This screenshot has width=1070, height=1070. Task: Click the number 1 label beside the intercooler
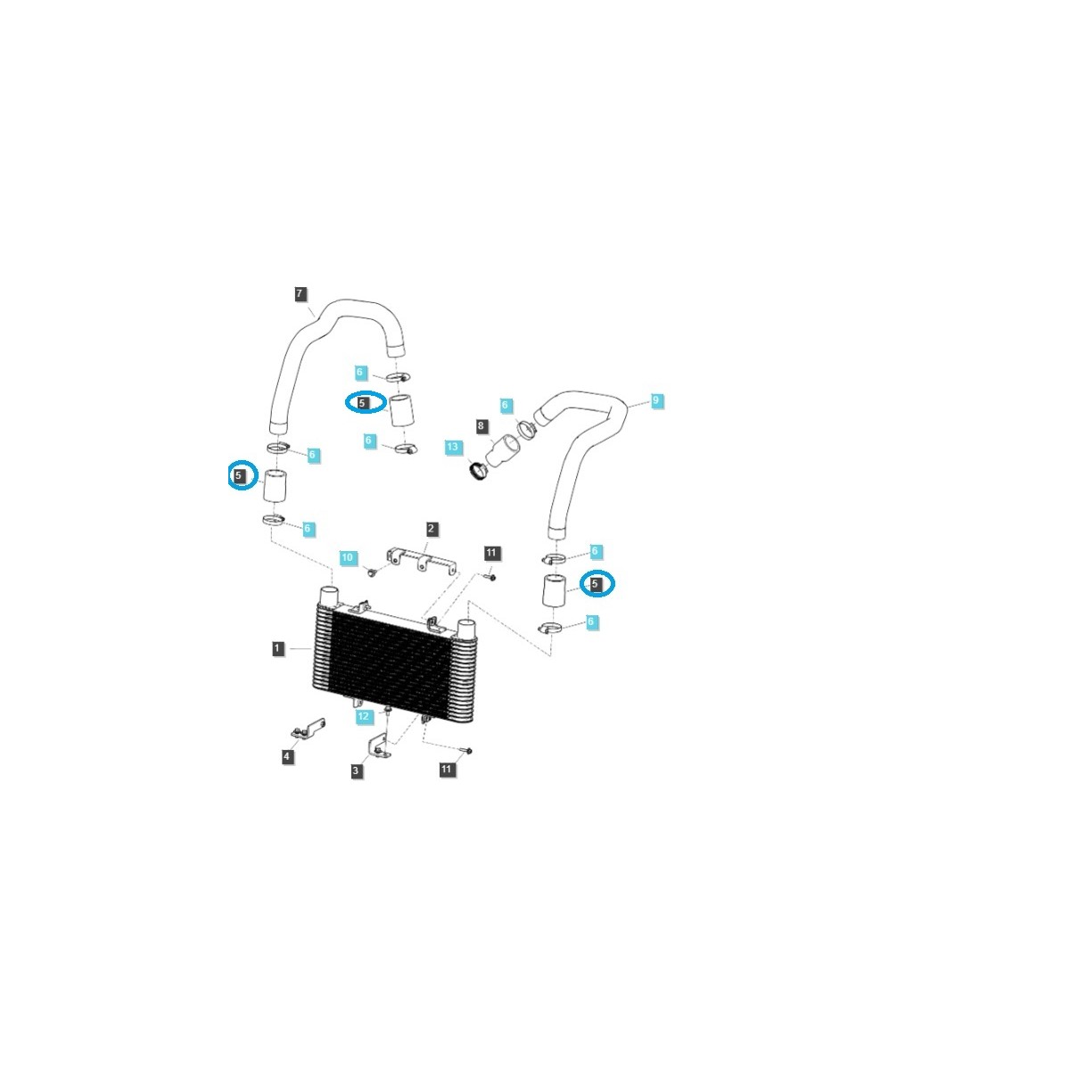click(x=278, y=648)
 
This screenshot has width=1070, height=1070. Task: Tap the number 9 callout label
click(x=655, y=400)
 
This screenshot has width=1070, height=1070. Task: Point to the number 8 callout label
click(x=481, y=427)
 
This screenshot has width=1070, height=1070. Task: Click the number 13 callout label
click(x=453, y=446)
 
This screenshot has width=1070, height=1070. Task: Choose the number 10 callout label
click(x=348, y=558)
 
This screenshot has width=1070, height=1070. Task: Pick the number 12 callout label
click(x=363, y=715)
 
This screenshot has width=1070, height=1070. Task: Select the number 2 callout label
click(x=431, y=529)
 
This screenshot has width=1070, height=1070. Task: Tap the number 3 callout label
click(x=357, y=771)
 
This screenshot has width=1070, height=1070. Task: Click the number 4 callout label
click(x=287, y=756)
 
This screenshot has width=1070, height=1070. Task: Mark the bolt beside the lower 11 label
click(x=465, y=751)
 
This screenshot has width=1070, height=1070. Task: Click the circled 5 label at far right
click(x=596, y=584)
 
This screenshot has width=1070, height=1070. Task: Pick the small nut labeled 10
click(x=372, y=571)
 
